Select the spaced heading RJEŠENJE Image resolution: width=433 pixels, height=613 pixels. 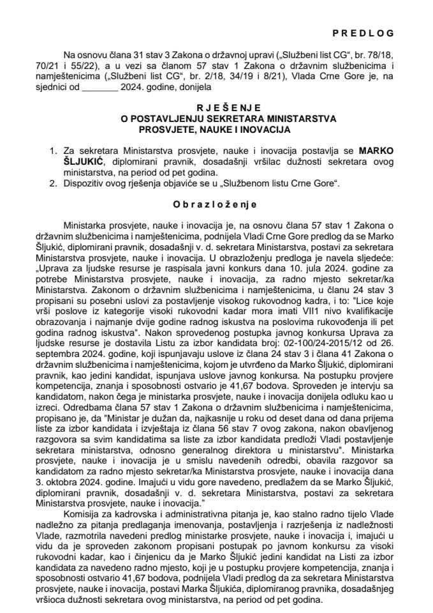216,109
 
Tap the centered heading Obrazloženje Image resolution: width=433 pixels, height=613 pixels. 216,205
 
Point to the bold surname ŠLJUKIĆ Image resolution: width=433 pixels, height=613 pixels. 82,161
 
